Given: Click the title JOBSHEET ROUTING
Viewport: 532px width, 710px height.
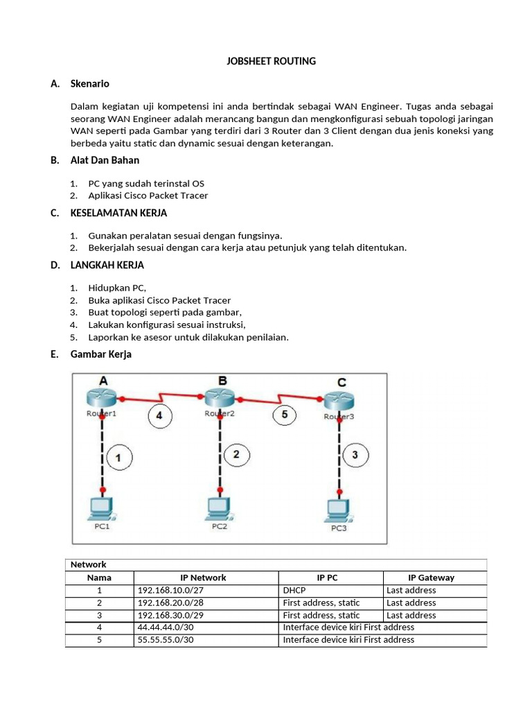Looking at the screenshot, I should [271, 61].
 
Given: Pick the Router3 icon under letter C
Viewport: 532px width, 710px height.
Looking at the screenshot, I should [339, 401].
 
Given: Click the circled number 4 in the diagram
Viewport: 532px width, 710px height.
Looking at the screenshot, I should [159, 415].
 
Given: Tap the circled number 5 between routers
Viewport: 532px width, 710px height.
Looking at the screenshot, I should [284, 415].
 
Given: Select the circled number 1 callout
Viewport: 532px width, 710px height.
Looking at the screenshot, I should [118, 457].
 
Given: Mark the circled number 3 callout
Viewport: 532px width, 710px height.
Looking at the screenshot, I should [355, 455].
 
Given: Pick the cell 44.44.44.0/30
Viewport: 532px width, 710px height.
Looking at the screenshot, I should [166, 627].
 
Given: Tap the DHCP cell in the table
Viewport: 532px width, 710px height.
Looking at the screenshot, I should [294, 590].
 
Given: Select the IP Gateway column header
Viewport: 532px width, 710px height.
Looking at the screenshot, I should [431, 577].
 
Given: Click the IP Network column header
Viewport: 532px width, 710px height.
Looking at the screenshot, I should [203, 577].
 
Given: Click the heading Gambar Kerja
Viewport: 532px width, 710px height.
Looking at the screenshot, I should [100, 354].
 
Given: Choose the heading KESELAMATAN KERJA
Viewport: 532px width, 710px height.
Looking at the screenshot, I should [118, 213].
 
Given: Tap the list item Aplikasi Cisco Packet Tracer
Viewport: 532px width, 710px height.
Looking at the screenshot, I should [148, 196].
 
